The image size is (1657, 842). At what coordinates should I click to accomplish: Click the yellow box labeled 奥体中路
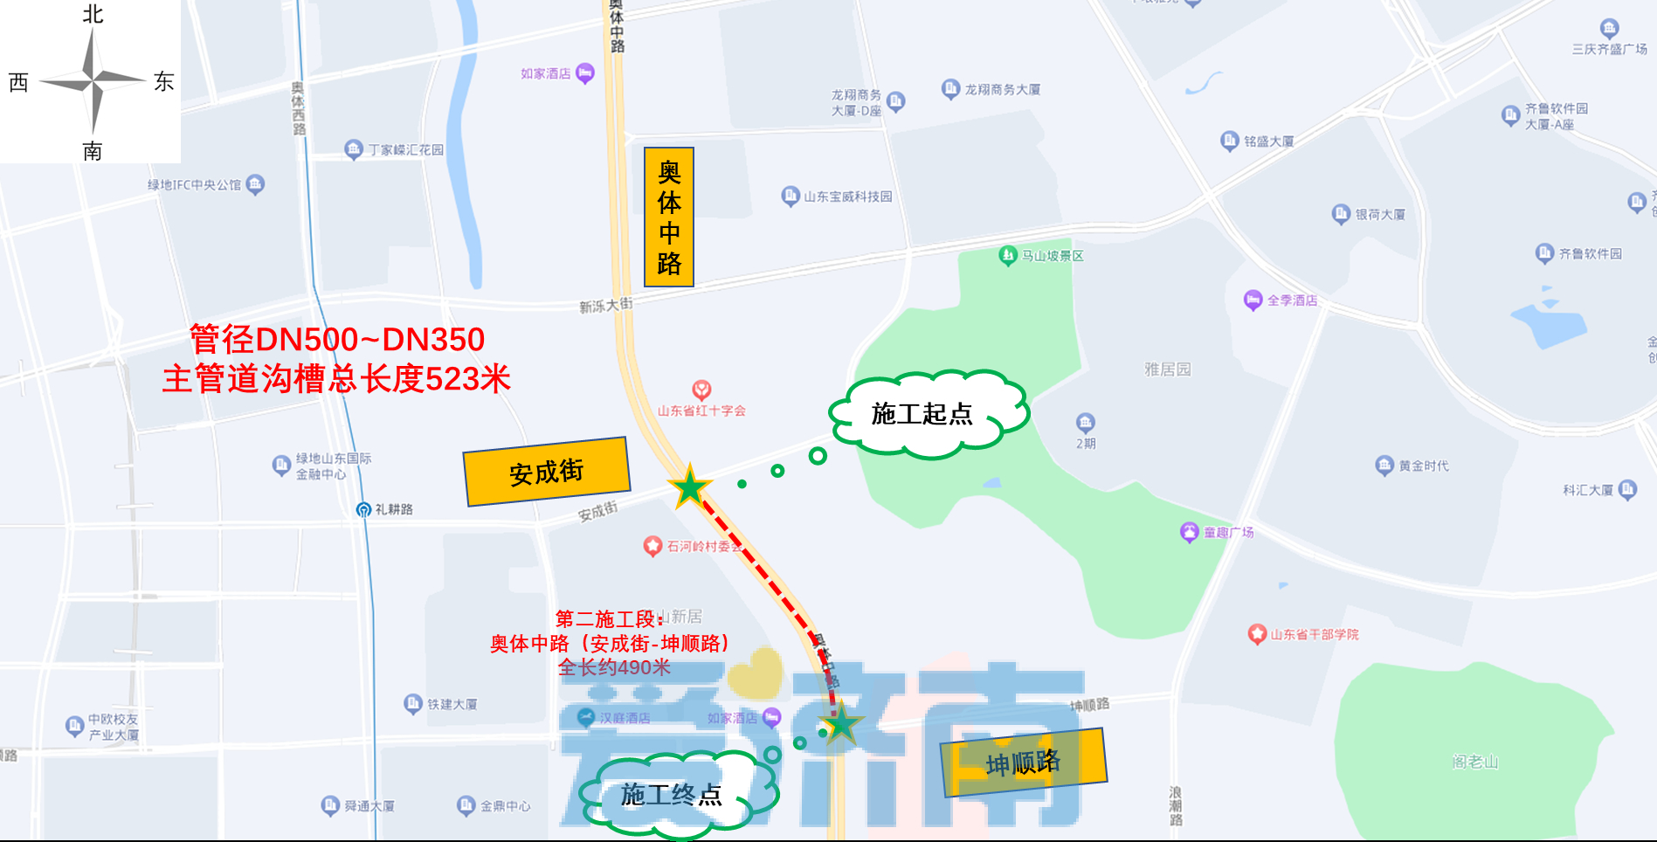pos(668,217)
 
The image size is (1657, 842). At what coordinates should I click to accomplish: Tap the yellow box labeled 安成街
pos(546,472)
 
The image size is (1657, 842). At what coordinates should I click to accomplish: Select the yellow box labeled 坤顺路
pos(1023,763)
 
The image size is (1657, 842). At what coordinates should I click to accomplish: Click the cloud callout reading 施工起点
pos(924,414)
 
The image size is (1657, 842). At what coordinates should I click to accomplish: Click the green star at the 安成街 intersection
pos(690,487)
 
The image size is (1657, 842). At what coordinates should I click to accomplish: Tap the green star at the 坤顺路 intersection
pos(840,723)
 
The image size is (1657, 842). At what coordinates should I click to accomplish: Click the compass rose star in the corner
pos(92,81)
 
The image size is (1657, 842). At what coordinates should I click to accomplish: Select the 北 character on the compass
pos(93,15)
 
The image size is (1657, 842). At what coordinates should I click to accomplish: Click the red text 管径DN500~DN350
pos(337,339)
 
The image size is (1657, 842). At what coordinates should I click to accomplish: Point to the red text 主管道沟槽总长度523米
pos(336,379)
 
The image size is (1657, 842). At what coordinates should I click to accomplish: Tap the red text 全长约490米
pos(614,668)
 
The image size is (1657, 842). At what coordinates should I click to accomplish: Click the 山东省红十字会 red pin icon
pos(701,390)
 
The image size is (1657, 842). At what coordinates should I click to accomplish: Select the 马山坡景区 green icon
pos(1008,255)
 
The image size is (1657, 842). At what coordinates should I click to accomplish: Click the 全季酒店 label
pos(1292,300)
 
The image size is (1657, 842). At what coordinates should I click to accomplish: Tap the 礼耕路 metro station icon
pos(364,509)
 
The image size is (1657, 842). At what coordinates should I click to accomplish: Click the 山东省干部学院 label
pos(1314,634)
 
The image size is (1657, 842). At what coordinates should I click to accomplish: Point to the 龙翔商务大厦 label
pos(1002,89)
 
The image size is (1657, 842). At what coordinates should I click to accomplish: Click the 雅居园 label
pos(1168,369)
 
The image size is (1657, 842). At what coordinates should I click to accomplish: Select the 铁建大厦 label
pos(452,704)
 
